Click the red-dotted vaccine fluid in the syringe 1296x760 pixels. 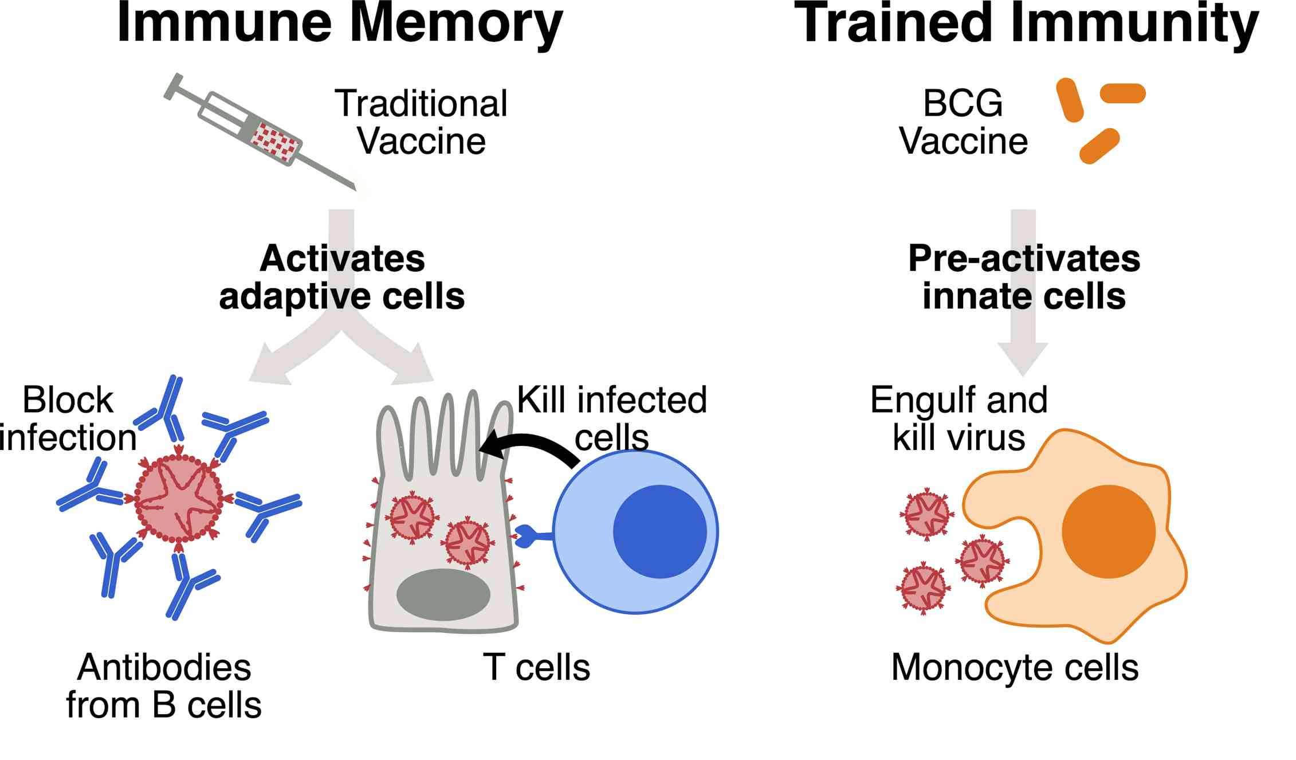276,140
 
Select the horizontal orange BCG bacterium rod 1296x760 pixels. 1122,93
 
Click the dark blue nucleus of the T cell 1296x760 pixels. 659,531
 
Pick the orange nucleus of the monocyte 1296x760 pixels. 1108,531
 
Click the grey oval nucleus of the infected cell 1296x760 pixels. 443,594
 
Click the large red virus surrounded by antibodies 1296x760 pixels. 179,497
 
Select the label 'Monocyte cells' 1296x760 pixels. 1015,668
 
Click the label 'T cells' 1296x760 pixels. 536,668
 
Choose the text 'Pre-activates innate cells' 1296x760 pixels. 1024,277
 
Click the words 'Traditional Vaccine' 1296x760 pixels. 421,122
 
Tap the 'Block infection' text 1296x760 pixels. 68,418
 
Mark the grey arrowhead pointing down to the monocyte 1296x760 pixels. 1023,358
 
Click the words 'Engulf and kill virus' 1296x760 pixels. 959,418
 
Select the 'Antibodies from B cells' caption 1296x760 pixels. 164,686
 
